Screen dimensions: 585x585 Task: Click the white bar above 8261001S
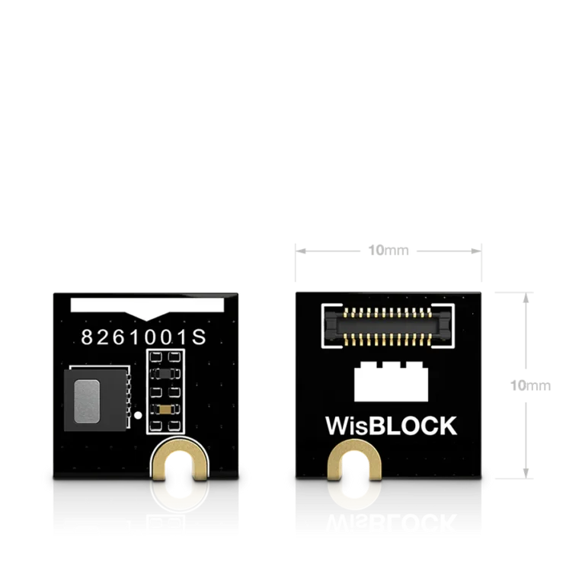[x=146, y=305]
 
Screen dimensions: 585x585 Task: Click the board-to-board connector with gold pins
[x=386, y=326]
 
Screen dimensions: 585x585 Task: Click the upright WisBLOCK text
[x=391, y=425]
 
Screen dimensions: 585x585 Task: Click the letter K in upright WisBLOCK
[x=446, y=425]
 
